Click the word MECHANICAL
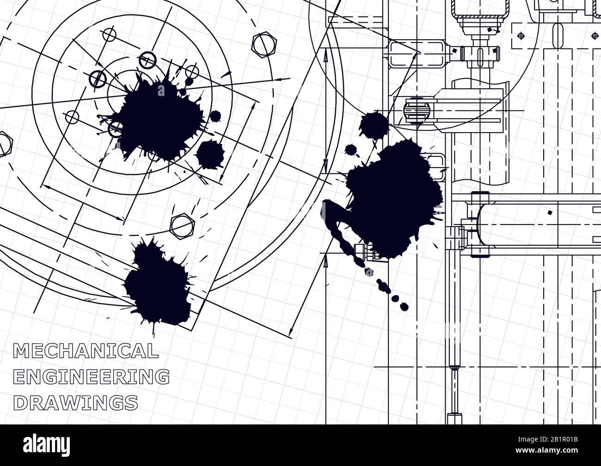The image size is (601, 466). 86,351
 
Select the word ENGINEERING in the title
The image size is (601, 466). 91,376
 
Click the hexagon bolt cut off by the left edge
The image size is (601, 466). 4,144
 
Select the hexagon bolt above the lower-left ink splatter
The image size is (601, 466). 182,225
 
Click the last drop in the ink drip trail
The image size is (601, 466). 404,305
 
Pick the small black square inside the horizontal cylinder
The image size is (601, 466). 549,213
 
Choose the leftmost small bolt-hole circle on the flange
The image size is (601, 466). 72,117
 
